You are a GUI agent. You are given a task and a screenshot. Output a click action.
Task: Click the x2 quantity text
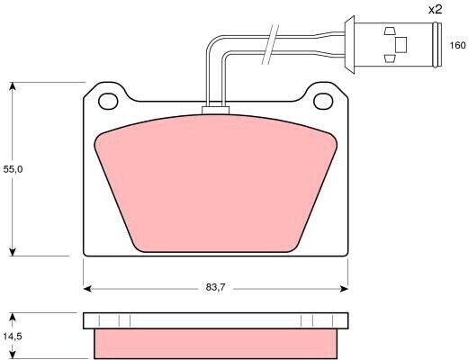pos(435,10)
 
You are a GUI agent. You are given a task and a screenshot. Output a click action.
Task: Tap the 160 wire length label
pos(457,45)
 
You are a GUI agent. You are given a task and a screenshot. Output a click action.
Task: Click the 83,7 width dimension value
pos(215,289)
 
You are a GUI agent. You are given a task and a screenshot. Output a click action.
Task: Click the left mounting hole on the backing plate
pos(109,99)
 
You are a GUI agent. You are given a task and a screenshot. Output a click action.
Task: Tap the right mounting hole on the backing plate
pos(323,99)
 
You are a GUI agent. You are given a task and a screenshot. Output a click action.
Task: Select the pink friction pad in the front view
pos(216,184)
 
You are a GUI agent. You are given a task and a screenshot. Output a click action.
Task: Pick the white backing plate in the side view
pos(216,321)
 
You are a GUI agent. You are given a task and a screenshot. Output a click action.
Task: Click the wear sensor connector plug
pos(396,42)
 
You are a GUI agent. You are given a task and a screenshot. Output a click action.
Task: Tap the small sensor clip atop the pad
pos(216,111)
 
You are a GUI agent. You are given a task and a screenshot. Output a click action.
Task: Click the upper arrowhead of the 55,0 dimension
pos(12,86)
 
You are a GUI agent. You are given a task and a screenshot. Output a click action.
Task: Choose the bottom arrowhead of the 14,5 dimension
pos(12,353)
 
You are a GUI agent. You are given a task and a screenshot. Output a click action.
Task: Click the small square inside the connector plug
pos(401,43)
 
